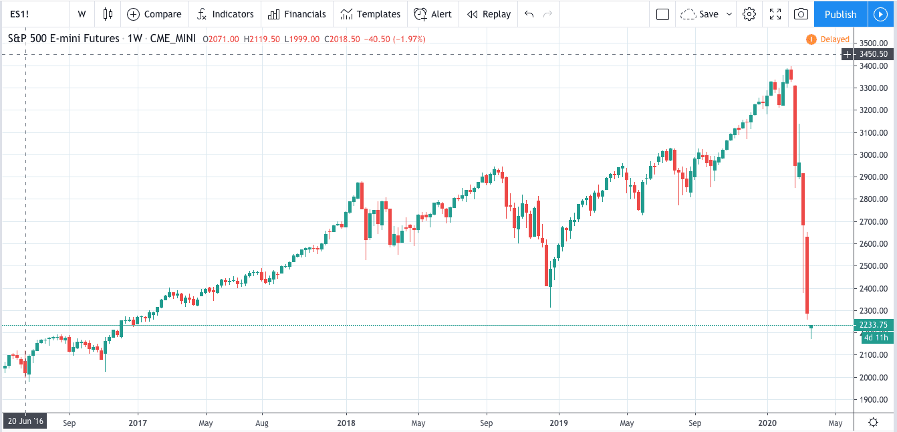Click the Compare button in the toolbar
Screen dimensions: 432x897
tap(154, 14)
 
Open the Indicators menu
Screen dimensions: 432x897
tap(225, 14)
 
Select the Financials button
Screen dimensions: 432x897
tap(297, 14)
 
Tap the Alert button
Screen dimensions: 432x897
tap(432, 14)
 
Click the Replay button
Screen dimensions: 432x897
tap(489, 14)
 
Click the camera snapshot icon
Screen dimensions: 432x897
tap(801, 14)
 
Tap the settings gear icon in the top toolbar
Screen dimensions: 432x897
tap(749, 14)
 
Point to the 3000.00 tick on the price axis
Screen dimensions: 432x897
tap(874, 154)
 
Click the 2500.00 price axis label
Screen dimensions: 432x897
tap(874, 266)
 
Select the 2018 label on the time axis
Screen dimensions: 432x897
tap(346, 423)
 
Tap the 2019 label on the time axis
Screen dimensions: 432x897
tap(559, 423)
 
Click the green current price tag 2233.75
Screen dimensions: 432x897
tap(874, 325)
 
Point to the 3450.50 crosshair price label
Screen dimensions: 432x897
tap(874, 53)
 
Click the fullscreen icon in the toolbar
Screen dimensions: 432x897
tap(775, 14)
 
